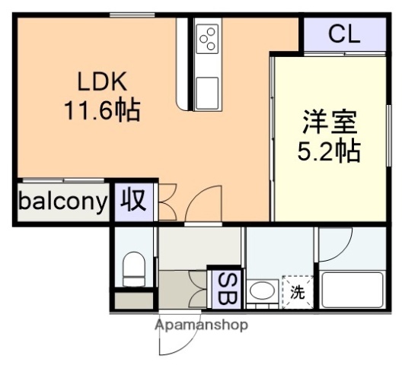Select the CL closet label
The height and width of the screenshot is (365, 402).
click(345, 33)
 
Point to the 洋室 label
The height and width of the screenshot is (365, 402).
click(329, 122)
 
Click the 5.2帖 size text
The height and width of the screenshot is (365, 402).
click(329, 151)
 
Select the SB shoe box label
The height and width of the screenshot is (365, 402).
click(226, 287)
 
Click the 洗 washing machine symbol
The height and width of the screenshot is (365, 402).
click(297, 289)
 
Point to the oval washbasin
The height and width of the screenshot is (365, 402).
click(263, 290)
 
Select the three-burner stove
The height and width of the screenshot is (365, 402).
click(207, 38)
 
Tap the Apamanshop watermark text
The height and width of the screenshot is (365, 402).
click(201, 325)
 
